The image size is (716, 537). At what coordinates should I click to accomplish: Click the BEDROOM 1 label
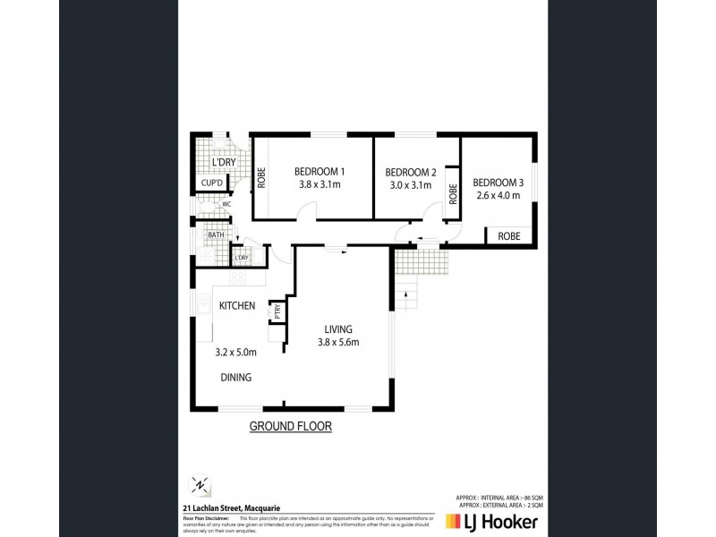click(320, 172)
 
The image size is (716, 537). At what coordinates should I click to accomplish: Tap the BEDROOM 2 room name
click(410, 173)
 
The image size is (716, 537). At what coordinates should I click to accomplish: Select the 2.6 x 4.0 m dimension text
click(499, 195)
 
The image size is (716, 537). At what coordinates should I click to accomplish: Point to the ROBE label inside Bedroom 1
click(262, 178)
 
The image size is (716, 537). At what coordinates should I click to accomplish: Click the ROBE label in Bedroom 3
click(509, 237)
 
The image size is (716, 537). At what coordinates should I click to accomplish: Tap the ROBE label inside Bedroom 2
click(454, 194)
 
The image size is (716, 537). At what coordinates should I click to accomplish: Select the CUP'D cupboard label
click(211, 183)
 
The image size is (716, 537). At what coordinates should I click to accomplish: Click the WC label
click(226, 203)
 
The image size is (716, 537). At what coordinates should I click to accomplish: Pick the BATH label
click(216, 236)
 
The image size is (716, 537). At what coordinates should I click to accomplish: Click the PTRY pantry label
click(278, 311)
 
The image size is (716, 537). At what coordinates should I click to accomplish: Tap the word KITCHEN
click(237, 306)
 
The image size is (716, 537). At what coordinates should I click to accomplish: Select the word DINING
click(235, 378)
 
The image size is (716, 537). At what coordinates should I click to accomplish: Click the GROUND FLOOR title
click(290, 427)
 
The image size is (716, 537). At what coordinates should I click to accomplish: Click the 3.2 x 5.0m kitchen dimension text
click(236, 353)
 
